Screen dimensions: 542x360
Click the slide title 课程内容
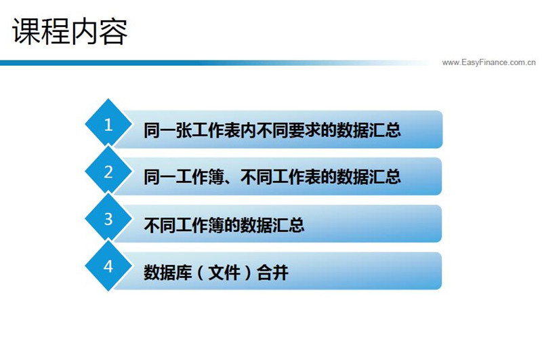point(70,31)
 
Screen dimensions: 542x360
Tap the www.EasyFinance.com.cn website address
point(488,62)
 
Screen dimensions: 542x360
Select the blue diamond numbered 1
point(108,123)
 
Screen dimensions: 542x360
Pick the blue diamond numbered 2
point(108,169)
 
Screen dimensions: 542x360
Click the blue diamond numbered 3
point(108,217)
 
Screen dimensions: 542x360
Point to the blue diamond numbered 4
point(108,265)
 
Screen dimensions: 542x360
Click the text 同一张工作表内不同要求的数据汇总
point(272,130)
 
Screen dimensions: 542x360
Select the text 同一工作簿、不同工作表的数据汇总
point(272,177)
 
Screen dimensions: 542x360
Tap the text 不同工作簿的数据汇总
point(224,225)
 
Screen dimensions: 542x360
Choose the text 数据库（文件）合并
point(216,272)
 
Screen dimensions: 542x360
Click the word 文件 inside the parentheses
point(224,272)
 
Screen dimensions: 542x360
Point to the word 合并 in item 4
point(273,272)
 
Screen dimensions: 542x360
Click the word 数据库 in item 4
point(167,272)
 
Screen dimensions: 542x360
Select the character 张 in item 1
point(184,130)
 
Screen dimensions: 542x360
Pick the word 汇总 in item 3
point(289,225)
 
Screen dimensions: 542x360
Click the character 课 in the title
point(26,31)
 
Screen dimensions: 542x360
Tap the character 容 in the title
point(114,31)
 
